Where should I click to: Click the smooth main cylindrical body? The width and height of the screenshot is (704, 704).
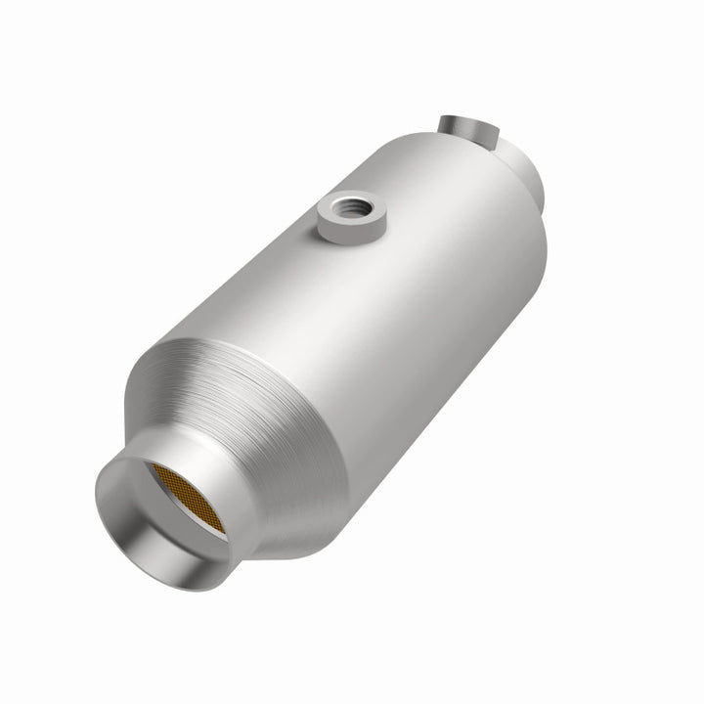tap(391, 293)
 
